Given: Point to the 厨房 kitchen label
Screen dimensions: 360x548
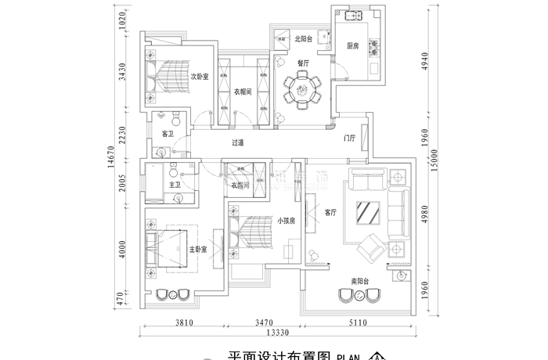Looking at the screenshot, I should [x=353, y=46].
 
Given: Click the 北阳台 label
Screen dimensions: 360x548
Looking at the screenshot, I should [x=304, y=38].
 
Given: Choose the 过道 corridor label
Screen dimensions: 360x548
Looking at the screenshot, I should [x=238, y=142].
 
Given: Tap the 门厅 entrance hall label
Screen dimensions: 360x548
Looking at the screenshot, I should [x=350, y=138].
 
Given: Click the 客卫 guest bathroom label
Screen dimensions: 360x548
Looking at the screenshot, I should [x=167, y=134].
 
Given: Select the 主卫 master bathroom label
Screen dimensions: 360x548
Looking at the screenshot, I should [x=175, y=185].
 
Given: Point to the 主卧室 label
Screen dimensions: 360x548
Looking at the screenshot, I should [x=197, y=250].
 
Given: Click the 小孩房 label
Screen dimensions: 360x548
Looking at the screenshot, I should [x=286, y=221].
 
